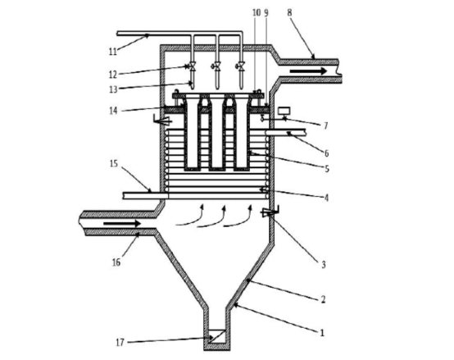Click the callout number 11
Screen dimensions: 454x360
(112, 52)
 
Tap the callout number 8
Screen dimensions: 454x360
(289, 12)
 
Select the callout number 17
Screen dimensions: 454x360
(120, 343)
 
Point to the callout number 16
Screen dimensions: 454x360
(116, 262)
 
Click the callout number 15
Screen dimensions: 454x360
(114, 164)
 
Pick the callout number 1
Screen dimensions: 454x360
(322, 333)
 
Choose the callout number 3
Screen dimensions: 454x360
(324, 264)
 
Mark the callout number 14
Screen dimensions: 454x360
(113, 111)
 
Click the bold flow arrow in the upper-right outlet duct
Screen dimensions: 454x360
(308, 71)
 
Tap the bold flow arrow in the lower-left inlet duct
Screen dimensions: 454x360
(122, 223)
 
